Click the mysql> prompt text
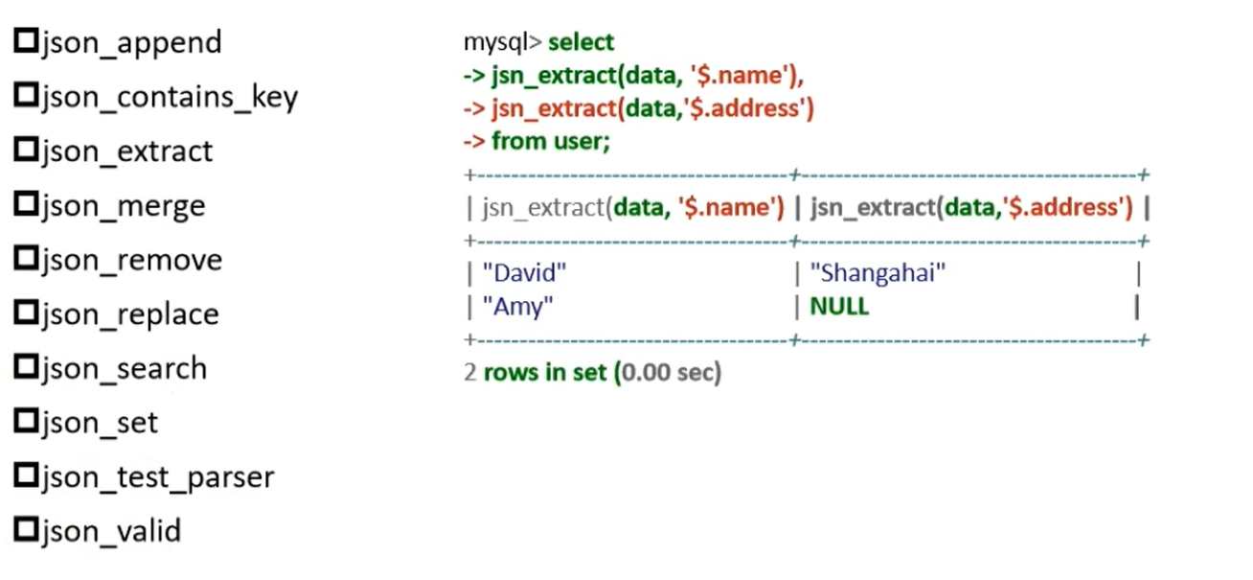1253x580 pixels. [x=503, y=43]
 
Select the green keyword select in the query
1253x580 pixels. [x=581, y=43]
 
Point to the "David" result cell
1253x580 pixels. [x=526, y=274]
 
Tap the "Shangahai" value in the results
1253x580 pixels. [x=877, y=274]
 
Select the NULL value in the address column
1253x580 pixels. [x=839, y=307]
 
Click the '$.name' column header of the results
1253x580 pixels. [x=633, y=207]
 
